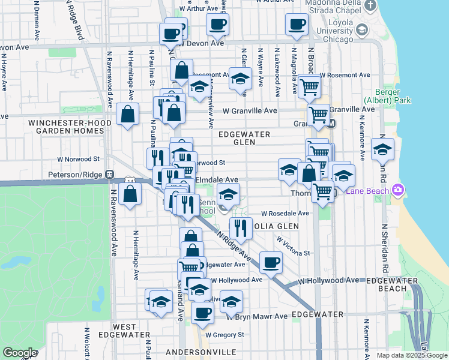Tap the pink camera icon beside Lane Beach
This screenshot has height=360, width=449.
[x=397, y=191]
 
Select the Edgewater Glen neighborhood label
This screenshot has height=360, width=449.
[x=244, y=138]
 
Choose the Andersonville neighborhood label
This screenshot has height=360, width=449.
[x=196, y=352]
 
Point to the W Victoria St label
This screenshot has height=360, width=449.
[x=294, y=247]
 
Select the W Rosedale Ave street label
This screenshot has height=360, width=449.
[x=285, y=213]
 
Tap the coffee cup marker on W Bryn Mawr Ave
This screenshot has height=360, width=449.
[x=202, y=313]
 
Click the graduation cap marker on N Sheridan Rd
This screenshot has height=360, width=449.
[x=382, y=149]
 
